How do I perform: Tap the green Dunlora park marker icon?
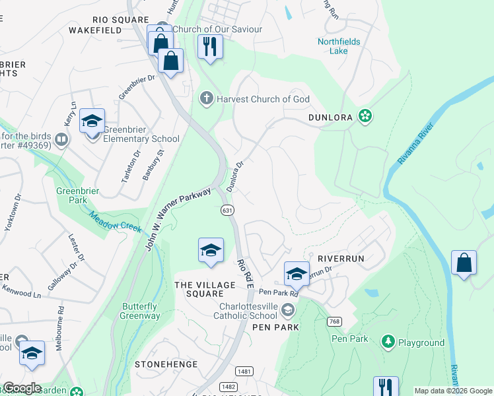click(364, 116)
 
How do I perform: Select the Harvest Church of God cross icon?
click(205, 99)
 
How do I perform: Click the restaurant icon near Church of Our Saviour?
click(211, 47)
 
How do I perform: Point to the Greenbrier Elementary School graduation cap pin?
click(92, 121)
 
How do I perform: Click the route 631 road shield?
click(227, 210)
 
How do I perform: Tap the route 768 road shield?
click(334, 321)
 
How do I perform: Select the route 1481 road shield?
click(243, 372)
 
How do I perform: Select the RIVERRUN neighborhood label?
click(341, 259)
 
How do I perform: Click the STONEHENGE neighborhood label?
click(166, 364)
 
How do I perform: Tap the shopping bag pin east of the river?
click(464, 263)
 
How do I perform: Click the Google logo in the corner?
click(22, 388)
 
